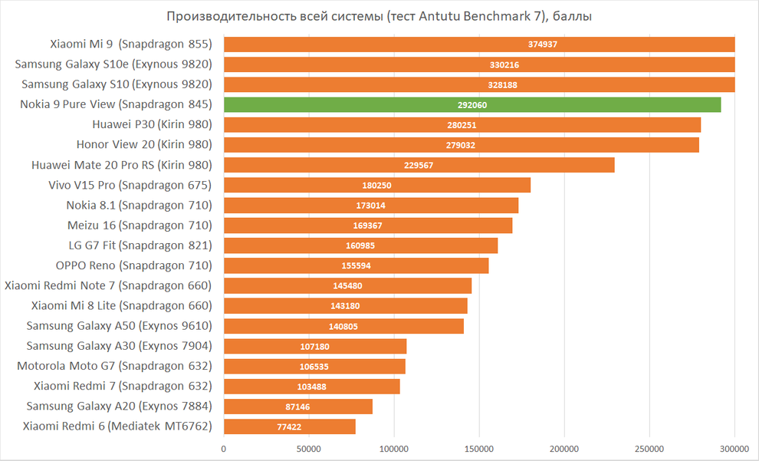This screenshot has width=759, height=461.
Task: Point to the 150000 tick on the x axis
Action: tap(479, 448)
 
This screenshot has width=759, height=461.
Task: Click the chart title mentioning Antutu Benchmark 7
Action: tap(379, 16)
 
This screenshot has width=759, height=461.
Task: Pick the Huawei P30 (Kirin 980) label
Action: tap(152, 124)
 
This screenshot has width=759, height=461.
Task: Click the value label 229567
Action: tap(418, 165)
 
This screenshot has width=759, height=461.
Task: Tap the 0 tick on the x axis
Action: tap(224, 448)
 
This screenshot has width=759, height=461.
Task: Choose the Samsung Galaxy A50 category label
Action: tap(119, 325)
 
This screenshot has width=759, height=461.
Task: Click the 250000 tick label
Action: tap(649, 448)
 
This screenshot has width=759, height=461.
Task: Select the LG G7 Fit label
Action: tap(140, 245)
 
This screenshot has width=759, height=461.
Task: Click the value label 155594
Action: tap(356, 265)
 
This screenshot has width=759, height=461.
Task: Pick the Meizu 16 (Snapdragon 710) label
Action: tap(140, 225)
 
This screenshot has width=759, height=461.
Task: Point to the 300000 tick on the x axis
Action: tap(734, 448)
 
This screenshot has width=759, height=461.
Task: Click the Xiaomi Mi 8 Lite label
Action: tap(121, 305)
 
